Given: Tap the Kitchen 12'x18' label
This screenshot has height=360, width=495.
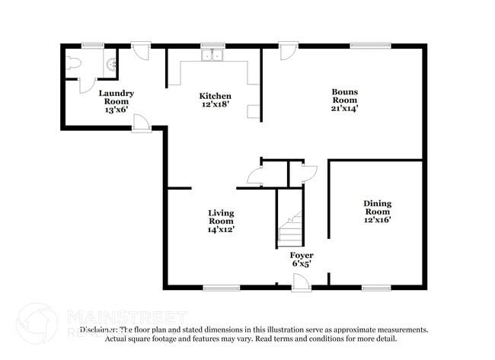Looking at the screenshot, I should (x=216, y=100).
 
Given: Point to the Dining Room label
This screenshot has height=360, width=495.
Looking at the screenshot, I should (x=377, y=212).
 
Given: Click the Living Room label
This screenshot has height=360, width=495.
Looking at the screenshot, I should (x=222, y=220).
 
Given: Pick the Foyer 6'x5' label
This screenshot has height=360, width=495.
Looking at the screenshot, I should (x=302, y=260).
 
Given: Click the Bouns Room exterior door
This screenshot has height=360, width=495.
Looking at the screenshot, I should (x=287, y=51).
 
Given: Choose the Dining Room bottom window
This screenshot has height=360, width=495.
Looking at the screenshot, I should (x=376, y=288).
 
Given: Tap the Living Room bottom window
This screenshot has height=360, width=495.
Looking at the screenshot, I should (x=222, y=288).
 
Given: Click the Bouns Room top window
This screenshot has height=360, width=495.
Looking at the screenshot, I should (x=371, y=46).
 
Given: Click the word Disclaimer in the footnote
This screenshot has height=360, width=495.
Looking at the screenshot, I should (x=100, y=330).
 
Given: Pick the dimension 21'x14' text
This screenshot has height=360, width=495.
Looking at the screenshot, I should (x=344, y=108).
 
